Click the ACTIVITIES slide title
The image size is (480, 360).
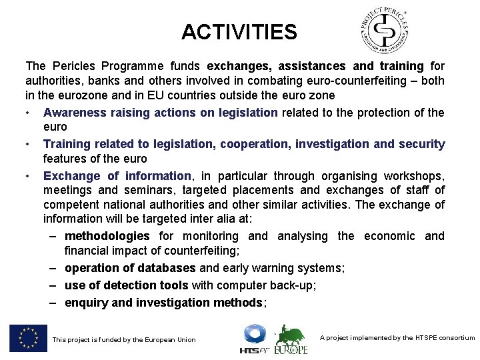point(239,31)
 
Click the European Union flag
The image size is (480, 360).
point(29,338)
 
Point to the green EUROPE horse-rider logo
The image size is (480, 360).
point(292,339)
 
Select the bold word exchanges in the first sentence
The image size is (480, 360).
point(239,66)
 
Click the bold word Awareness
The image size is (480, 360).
point(73,113)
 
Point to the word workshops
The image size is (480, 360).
point(414,176)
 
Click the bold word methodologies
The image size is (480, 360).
point(107,236)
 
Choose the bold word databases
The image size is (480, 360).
point(168,268)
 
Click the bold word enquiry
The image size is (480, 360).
point(86,303)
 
